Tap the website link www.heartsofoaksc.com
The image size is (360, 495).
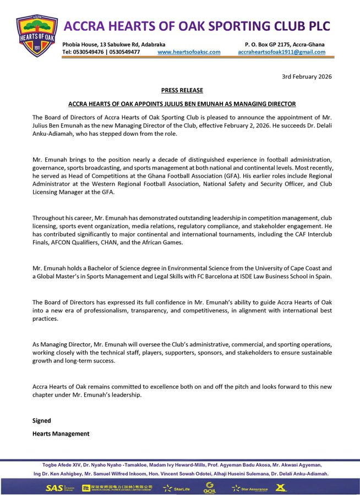189,52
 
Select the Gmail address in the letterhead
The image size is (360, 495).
281,52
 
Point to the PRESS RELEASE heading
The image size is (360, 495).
182,90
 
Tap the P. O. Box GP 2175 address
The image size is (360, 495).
285,44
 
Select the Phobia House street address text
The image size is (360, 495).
113,44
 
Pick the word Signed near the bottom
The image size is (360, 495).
42,420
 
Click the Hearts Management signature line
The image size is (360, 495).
61,433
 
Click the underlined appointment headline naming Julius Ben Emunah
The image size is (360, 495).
182,103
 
